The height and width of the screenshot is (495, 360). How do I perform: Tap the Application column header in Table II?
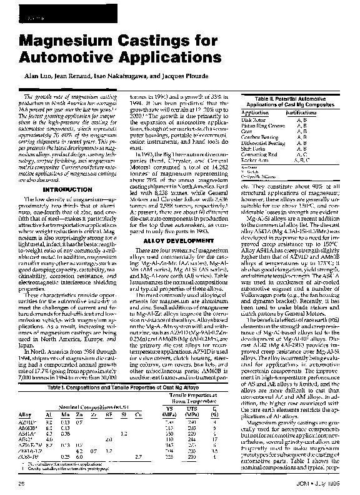click(x=256, y=112)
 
